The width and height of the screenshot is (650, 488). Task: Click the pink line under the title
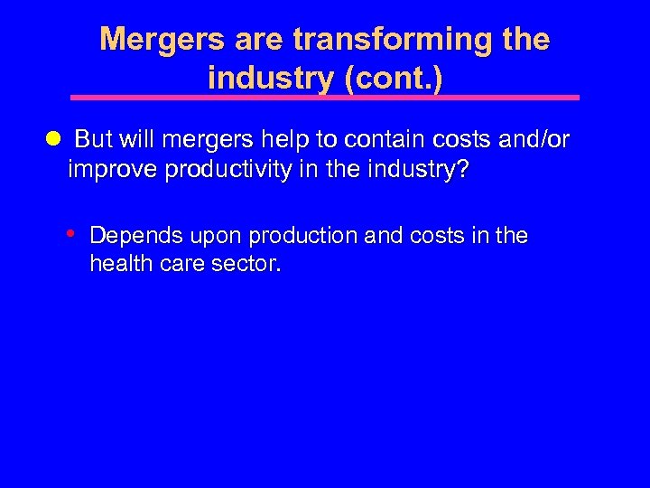(325, 97)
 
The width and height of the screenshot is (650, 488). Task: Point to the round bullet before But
(52, 139)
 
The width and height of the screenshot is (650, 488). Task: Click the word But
(93, 140)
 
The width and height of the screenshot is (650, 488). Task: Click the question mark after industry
(463, 171)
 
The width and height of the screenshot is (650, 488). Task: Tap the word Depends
(133, 237)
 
